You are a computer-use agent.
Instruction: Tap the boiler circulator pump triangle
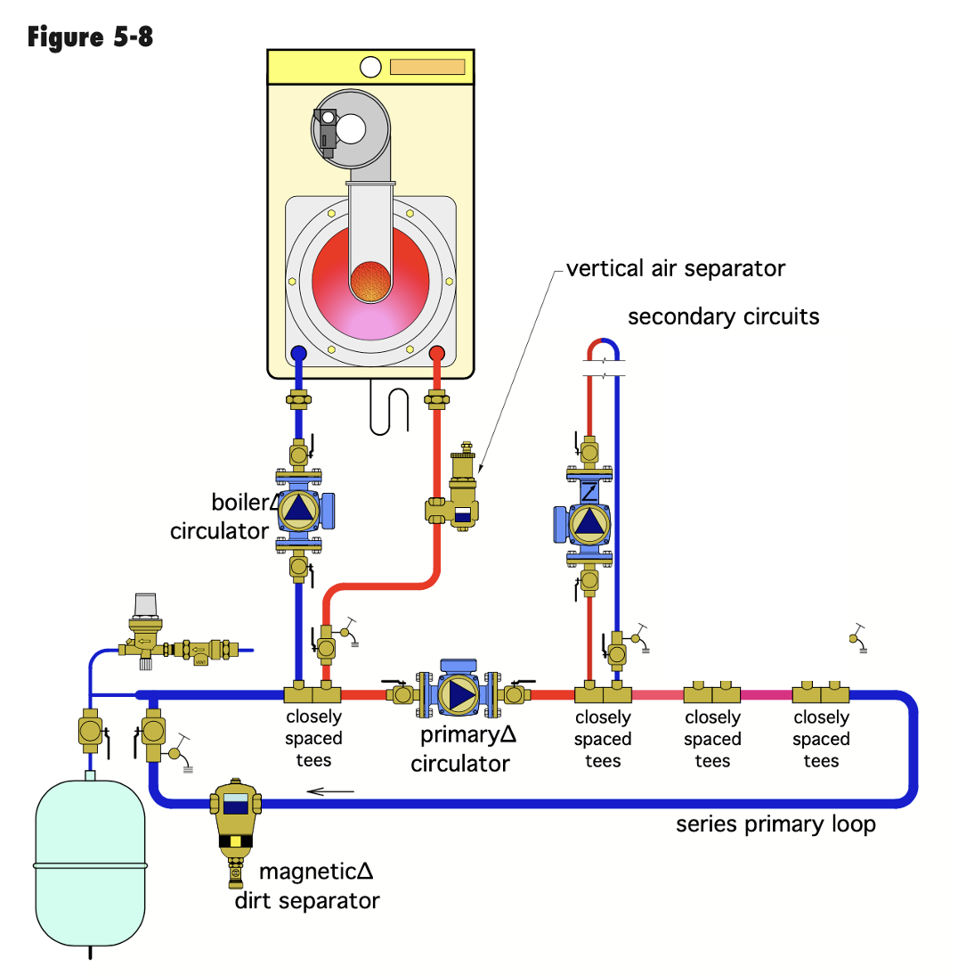[x=296, y=509]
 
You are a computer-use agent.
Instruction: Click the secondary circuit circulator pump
[x=589, y=520]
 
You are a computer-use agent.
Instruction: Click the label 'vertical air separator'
[x=676, y=267]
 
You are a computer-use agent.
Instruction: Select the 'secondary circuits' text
[x=723, y=316]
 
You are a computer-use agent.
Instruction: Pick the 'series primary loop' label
[x=775, y=823]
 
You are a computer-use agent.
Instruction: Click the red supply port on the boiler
[x=436, y=354]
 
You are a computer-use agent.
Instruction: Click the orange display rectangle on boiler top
[x=427, y=67]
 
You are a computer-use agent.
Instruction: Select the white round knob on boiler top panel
[x=371, y=67]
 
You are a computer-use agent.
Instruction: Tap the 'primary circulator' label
[x=460, y=750]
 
